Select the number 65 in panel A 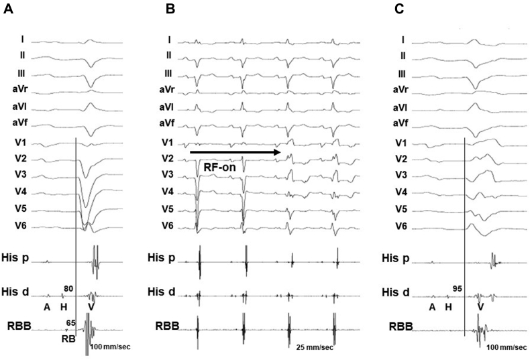70,322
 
